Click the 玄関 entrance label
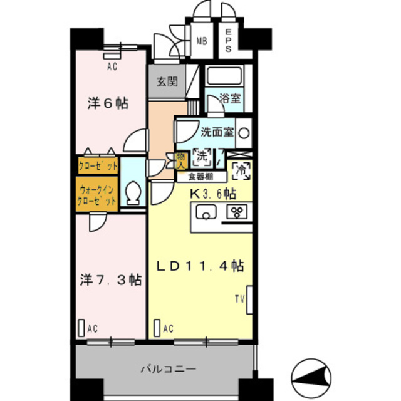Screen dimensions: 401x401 [x=167, y=81]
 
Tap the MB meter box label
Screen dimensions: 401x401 [x=202, y=41]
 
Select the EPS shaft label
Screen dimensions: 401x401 [x=228, y=40]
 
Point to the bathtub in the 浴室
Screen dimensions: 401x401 [x=224, y=76]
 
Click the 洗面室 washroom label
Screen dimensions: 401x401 [x=217, y=132]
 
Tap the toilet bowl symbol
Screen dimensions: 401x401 [x=133, y=193]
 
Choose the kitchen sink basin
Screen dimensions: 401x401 [x=206, y=212]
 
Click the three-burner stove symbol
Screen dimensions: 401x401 [x=237, y=212]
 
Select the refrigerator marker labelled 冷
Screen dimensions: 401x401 [x=241, y=171]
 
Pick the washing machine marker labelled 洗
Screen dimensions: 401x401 [x=202, y=157]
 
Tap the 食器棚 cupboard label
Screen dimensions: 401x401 [x=200, y=177]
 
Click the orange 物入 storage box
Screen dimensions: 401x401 [x=181, y=161]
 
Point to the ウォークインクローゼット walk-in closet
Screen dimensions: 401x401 [x=96, y=194]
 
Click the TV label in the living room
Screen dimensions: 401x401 [x=240, y=299]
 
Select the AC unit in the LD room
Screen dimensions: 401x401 [x=157, y=328]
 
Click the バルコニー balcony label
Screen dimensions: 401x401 [x=169, y=369]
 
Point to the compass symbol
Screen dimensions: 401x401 [x=311, y=378]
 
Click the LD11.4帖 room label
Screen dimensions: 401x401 [x=200, y=266]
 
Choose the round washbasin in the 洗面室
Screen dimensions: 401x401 [x=244, y=133]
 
